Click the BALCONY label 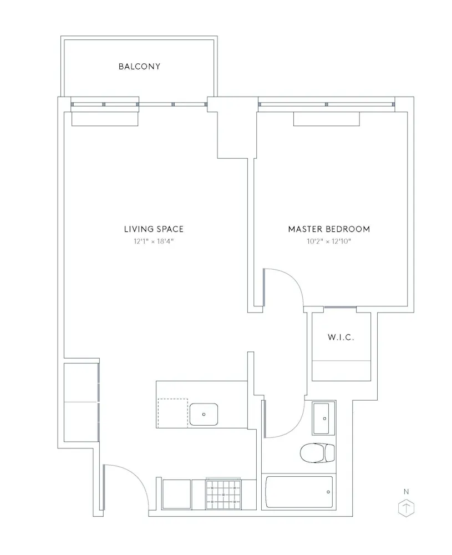(x=139, y=67)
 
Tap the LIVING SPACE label (x=154, y=229)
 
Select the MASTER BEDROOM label (x=329, y=229)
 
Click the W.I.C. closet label (x=341, y=337)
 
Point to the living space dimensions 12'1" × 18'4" (x=154, y=241)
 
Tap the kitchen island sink (x=204, y=414)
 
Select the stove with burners (x=224, y=494)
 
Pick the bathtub (x=299, y=492)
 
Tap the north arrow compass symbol (x=407, y=507)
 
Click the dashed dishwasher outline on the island (x=172, y=413)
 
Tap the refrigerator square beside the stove (x=176, y=494)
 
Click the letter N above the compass (x=407, y=491)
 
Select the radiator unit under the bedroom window (x=326, y=119)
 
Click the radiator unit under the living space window (x=105, y=119)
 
